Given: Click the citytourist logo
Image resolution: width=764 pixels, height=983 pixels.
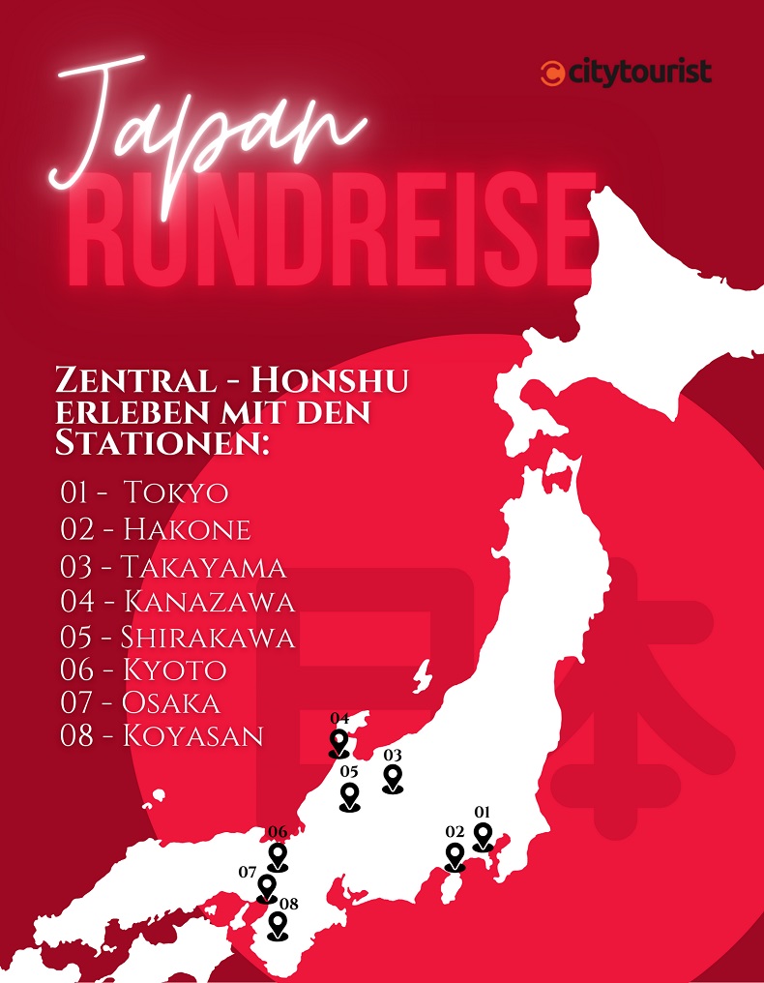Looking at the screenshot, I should click(x=627, y=72).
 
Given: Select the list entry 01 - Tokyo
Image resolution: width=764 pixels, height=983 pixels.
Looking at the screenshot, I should click(x=145, y=492).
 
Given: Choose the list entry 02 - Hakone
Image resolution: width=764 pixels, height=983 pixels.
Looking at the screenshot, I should click(x=156, y=529).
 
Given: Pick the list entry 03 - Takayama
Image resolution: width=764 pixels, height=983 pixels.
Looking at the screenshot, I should click(x=173, y=566).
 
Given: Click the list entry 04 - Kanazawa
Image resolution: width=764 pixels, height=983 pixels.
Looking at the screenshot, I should click(x=178, y=602).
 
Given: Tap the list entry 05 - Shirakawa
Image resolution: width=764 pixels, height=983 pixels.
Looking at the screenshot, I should click(x=178, y=638).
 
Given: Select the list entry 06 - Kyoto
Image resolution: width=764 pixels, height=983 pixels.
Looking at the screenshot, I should click(x=144, y=670).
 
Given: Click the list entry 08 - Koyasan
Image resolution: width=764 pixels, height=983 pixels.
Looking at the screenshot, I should click(x=162, y=735).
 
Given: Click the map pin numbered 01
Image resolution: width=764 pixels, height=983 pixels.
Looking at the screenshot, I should click(x=482, y=836).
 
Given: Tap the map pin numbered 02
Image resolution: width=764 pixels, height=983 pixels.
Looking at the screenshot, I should click(x=455, y=856).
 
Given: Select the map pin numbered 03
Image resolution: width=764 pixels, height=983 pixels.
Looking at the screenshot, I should click(x=393, y=778).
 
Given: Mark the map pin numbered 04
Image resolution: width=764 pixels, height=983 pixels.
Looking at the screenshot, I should click(x=338, y=743).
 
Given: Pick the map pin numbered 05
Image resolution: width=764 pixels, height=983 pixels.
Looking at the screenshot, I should click(x=349, y=796).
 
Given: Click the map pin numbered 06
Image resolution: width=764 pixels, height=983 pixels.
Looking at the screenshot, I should click(x=278, y=856).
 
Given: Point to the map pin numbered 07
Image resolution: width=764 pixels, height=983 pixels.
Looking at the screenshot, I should click(x=267, y=887).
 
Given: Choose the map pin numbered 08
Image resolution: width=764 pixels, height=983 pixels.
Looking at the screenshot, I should click(x=279, y=925).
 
